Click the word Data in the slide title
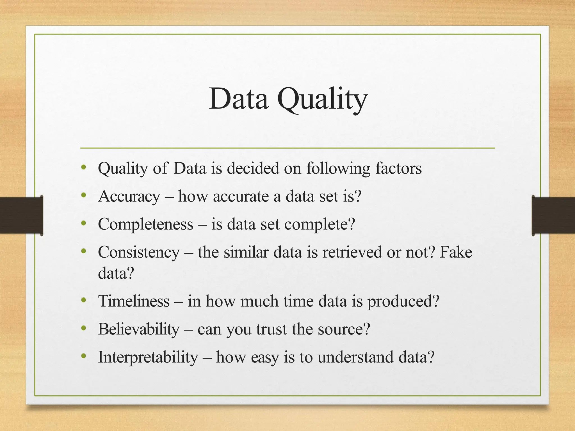coord(238,99)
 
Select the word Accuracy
coord(129,196)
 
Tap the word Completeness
coord(145,224)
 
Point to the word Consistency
coord(139,252)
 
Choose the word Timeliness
coord(134,301)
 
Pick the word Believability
coord(139,329)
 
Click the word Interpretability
coord(148,357)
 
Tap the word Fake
coord(456,252)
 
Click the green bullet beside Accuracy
coord(83,195)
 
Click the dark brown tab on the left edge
coord(21,215)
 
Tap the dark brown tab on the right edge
coord(553,215)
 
